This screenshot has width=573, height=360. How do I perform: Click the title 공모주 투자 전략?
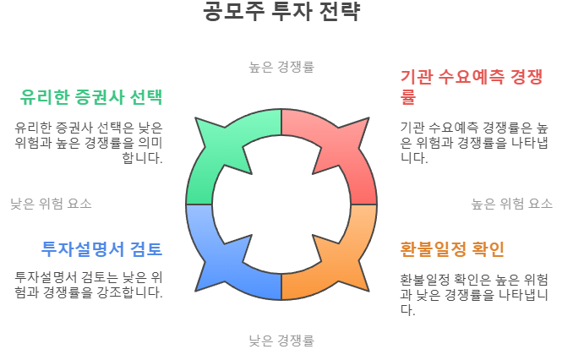tap(281, 13)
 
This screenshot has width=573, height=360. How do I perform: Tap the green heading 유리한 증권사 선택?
tap(91, 96)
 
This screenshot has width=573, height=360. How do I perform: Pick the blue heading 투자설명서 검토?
tap(101, 248)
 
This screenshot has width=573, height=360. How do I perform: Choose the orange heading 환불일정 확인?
tap(452, 248)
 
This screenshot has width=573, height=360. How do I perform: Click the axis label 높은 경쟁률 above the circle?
tap(281, 66)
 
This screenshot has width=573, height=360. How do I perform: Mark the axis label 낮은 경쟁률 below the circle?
tap(281, 341)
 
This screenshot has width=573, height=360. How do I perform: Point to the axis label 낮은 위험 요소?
tap(51, 204)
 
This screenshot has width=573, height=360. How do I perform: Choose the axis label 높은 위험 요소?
tap(512, 204)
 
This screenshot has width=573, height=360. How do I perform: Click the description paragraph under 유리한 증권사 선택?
tap(89, 142)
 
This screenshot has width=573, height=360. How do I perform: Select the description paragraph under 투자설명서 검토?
tap(89, 284)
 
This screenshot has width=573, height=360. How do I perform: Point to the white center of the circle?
tap(281, 205)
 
